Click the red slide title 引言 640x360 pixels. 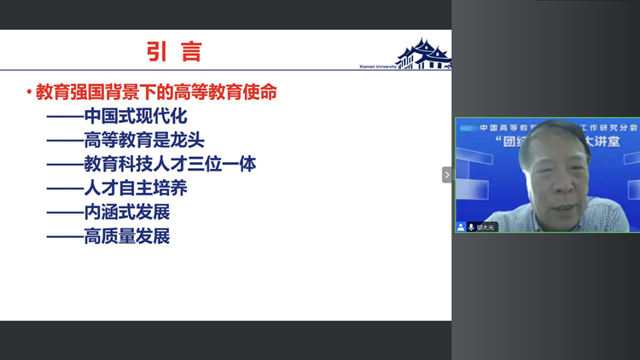[174, 52]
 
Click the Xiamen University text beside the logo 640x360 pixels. [377, 66]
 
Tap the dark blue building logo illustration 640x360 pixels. [424, 54]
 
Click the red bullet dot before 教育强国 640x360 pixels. [29, 92]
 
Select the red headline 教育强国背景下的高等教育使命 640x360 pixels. [156, 92]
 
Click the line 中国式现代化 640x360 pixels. [135, 116]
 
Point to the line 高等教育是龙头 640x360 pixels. [143, 140]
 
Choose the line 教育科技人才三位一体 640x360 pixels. [170, 164]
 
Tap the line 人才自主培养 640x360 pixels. [135, 188]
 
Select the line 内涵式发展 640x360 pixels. [126, 212]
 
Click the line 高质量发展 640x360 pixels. [126, 235]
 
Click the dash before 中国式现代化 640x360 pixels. [64, 117]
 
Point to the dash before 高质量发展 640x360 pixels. [64, 236]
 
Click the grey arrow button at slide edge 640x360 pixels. [446, 175]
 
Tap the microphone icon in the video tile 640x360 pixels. [471, 227]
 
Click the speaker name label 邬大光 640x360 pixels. [486, 227]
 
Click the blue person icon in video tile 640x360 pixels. [461, 227]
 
